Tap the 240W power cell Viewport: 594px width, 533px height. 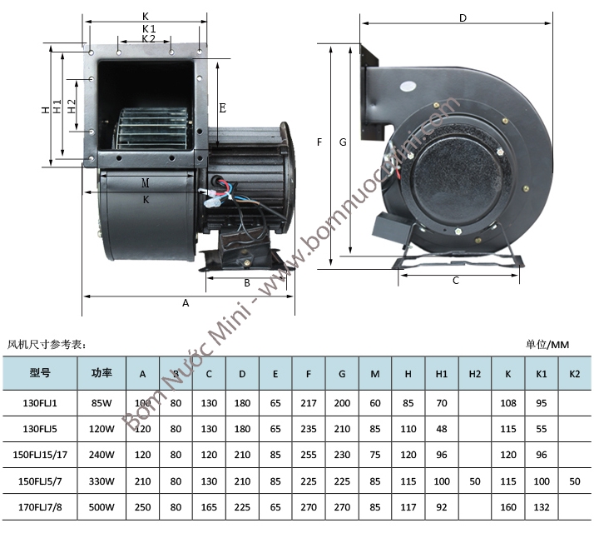(x=102, y=455)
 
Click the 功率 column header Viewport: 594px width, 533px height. (x=102, y=373)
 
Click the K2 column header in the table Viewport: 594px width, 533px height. (x=575, y=374)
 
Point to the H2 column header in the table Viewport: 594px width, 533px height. (x=475, y=374)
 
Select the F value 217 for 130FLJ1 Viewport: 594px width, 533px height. (x=309, y=403)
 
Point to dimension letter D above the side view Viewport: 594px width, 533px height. (x=463, y=18)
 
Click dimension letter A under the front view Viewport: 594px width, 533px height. (x=186, y=304)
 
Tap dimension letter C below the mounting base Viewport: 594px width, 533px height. (x=456, y=281)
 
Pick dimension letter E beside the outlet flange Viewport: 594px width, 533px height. (x=222, y=108)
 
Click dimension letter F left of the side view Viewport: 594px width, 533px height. (x=319, y=142)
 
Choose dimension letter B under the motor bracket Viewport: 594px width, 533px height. (x=247, y=283)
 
